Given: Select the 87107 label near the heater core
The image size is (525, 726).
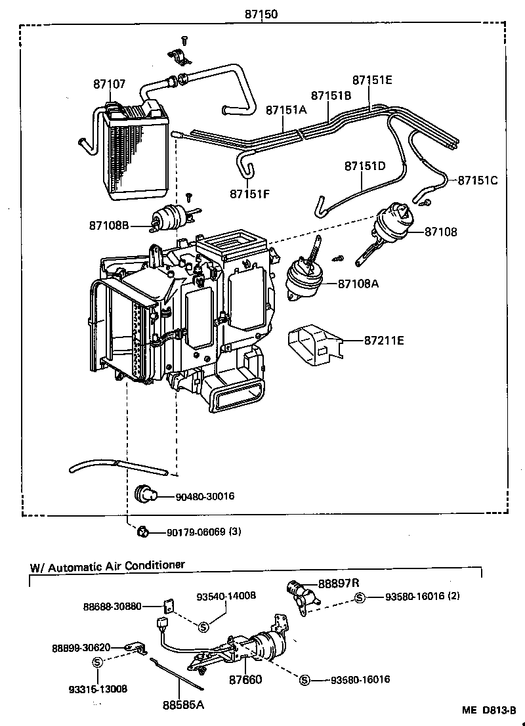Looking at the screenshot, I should pyautogui.click(x=109, y=85).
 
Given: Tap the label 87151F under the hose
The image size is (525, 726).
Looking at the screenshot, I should pyautogui.click(x=250, y=193).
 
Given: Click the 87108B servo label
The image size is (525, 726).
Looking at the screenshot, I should pyautogui.click(x=109, y=226).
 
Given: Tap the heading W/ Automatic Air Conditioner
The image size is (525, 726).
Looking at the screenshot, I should pyautogui.click(x=107, y=565).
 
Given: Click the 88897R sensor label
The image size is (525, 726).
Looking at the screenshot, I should pyautogui.click(x=339, y=583).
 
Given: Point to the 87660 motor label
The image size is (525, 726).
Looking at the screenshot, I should pyautogui.click(x=245, y=680).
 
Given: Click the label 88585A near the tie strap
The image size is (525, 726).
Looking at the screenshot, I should pyautogui.click(x=184, y=705).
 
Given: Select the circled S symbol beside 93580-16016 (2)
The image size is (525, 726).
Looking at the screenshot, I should pyautogui.click(x=360, y=597).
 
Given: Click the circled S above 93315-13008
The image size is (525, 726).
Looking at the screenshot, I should pyautogui.click(x=97, y=662).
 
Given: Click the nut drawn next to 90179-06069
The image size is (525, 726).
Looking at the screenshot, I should pyautogui.click(x=141, y=532).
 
